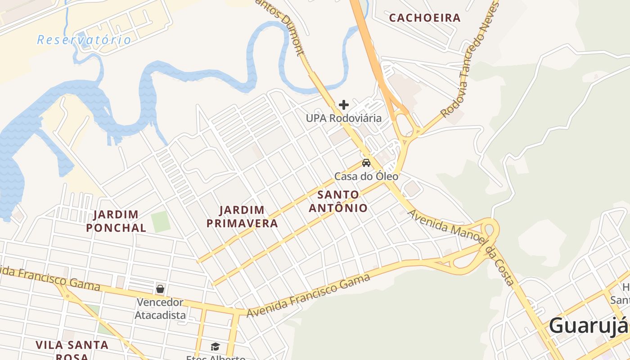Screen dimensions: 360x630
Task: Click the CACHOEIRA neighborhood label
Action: tap(425, 18)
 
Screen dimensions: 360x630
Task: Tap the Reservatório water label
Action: tap(84, 40)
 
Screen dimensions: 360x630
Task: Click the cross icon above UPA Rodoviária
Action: tap(344, 105)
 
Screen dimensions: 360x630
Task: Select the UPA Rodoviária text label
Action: tap(344, 118)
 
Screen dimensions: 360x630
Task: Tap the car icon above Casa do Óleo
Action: tap(366, 163)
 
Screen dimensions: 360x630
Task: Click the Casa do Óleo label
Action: tap(366, 176)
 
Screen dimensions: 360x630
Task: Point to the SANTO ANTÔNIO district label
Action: tap(338, 201)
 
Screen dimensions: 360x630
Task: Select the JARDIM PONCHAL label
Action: tap(116, 221)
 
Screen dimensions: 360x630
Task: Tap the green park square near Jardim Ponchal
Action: tap(161, 221)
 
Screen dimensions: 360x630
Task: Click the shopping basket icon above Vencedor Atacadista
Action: tap(160, 289)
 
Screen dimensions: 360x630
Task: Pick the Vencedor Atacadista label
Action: tap(160, 309)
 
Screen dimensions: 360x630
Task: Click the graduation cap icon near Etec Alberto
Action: tap(216, 346)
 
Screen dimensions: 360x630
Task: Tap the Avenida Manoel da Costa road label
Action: tap(461, 247)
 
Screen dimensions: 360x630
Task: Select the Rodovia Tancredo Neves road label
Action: tap(470, 58)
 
